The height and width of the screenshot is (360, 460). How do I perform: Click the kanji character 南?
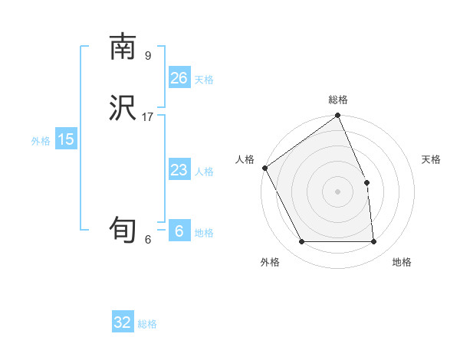(123, 47)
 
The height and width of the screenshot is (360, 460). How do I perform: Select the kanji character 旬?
(123, 230)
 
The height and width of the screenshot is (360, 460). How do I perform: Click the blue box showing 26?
(179, 78)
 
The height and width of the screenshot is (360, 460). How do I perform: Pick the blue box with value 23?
(179, 170)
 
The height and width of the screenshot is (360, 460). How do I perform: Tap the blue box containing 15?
(66, 139)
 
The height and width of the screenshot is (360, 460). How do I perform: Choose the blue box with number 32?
(123, 322)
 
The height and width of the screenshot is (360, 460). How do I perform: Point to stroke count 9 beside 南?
(148, 55)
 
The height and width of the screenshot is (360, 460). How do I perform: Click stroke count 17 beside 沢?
(148, 117)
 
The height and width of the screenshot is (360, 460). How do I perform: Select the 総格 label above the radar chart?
(338, 100)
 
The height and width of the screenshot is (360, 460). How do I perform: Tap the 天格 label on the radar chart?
(431, 159)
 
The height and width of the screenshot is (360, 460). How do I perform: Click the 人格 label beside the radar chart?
(245, 159)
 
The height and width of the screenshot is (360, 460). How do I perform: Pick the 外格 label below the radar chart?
(270, 262)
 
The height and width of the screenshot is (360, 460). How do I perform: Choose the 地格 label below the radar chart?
(402, 262)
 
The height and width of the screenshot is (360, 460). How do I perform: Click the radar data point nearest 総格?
(338, 116)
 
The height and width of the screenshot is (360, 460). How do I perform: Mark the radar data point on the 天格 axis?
(366, 182)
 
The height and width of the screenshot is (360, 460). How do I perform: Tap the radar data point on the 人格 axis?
(264, 168)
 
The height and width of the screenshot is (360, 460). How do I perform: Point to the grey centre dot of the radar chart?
(337, 191)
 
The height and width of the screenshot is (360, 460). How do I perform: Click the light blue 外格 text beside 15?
(41, 140)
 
